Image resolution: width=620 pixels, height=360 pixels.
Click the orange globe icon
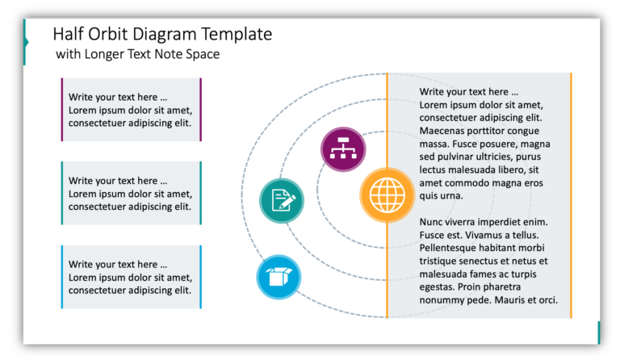(x=387, y=195)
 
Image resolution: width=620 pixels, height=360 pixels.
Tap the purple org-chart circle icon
(x=343, y=149)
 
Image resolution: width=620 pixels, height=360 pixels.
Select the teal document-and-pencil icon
(x=282, y=200)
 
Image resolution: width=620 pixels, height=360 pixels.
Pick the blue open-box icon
(x=279, y=277)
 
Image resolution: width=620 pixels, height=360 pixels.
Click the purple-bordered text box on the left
(x=132, y=110)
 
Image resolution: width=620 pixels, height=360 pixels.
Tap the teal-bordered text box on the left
(x=132, y=193)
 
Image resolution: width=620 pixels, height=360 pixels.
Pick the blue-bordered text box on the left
(x=132, y=277)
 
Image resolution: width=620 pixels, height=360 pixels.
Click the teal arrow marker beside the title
(x=26, y=42)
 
